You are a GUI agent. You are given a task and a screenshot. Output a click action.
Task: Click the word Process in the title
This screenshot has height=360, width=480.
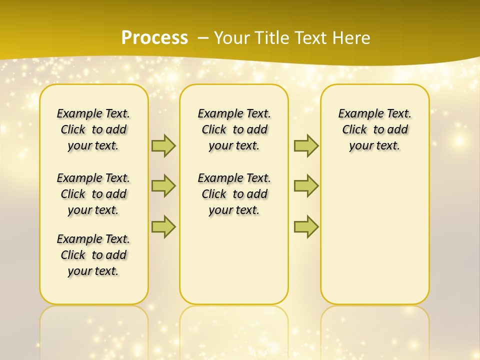154,37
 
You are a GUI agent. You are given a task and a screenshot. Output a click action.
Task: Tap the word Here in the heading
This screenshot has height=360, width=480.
351,37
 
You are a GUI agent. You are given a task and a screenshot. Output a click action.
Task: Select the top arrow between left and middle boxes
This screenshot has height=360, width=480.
163,145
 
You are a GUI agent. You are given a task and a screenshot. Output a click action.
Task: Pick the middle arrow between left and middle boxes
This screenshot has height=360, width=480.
163,186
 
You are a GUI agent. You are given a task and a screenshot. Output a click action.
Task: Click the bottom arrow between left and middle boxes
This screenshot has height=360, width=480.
163,226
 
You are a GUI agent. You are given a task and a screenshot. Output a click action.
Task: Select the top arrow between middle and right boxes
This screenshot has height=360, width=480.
306,145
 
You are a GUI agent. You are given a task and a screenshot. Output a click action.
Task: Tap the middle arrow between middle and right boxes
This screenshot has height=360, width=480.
306,186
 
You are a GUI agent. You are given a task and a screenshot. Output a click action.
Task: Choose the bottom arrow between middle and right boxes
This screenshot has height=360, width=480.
306,226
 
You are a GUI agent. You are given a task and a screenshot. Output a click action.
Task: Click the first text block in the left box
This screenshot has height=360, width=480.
93,129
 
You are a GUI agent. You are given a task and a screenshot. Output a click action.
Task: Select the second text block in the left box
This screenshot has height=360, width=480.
93,194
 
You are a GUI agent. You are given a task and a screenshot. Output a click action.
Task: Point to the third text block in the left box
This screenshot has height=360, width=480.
93,255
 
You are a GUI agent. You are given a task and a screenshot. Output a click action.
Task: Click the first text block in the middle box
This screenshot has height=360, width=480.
234,129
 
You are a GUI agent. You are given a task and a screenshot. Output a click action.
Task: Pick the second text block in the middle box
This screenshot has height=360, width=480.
234,194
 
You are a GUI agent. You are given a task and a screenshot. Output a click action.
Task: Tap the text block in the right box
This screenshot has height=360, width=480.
374,129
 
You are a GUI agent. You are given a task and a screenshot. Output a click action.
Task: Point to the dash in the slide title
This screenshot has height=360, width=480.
202,37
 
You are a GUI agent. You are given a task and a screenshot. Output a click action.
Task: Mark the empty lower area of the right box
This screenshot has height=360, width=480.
374,235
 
